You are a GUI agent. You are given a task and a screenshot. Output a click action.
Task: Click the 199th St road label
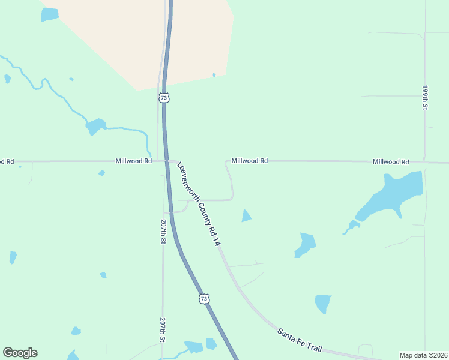click(x=424, y=97)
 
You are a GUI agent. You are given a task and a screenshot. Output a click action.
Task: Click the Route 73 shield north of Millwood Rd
click(x=164, y=97)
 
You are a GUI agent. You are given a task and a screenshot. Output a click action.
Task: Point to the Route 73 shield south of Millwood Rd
click(x=204, y=298)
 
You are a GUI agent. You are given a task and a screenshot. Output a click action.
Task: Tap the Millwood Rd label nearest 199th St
click(x=390, y=162)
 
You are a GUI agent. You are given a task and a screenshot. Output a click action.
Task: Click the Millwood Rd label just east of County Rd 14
click(x=249, y=161)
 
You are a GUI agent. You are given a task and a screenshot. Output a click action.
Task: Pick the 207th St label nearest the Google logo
click(x=163, y=330)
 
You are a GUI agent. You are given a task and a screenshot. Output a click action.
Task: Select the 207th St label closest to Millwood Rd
click(x=163, y=231)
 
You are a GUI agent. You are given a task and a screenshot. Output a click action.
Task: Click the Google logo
click(x=20, y=353)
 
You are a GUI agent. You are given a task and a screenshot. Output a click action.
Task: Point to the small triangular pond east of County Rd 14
click(x=246, y=215)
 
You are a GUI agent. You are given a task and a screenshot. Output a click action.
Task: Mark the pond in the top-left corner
click(x=50, y=14)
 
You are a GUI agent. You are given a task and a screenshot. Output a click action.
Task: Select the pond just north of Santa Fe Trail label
click(x=323, y=303)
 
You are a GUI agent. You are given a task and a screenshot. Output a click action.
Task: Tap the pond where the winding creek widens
click(x=95, y=127)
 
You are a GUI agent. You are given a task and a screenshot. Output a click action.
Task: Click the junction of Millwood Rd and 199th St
click(x=424, y=162)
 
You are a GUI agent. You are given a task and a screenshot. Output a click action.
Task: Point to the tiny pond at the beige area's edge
click(x=214, y=75)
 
